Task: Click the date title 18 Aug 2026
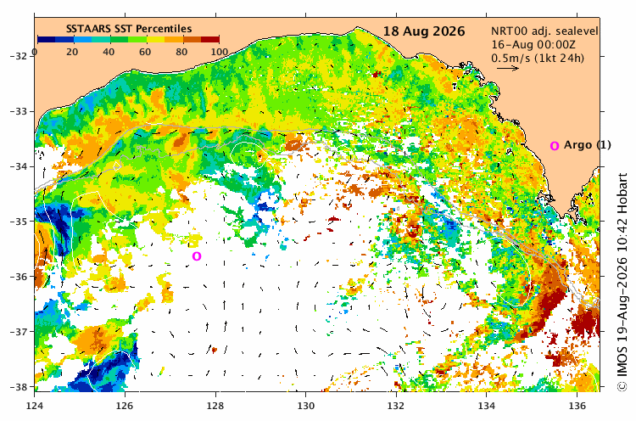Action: click(424, 31)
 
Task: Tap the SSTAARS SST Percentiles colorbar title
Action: click(129, 29)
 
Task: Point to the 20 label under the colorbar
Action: click(72, 52)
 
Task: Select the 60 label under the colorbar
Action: click(145, 52)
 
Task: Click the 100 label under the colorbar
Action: click(219, 52)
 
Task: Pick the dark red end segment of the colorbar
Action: click(210, 39)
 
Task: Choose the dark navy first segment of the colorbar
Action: click(47, 39)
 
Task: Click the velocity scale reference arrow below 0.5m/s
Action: click(508, 68)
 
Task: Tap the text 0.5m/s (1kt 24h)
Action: click(538, 58)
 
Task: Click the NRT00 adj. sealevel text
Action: click(544, 31)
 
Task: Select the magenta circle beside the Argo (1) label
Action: click(555, 146)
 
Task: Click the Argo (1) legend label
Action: click(588, 145)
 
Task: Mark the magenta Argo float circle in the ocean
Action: click(197, 256)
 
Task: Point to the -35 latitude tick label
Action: click(20, 222)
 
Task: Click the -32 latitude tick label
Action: click(20, 56)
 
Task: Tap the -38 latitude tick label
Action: click(20, 387)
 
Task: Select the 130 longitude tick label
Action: click(305, 406)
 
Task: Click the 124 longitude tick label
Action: click(35, 406)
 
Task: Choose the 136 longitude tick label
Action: click(577, 406)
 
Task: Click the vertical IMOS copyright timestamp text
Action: click(622, 282)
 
